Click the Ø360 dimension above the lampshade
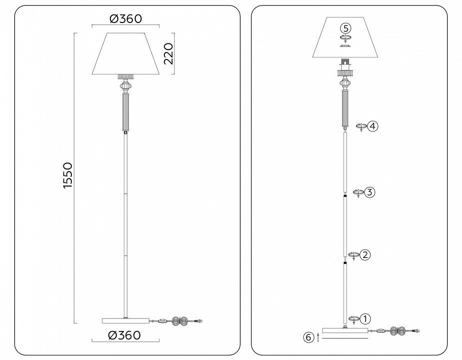(x=126, y=18)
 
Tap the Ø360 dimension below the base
(x=124, y=335)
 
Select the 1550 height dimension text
(x=67, y=175)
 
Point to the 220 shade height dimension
(x=168, y=53)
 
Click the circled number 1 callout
(x=365, y=319)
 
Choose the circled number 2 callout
(x=365, y=254)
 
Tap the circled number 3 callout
(x=370, y=192)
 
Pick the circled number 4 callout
(x=373, y=126)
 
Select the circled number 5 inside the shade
(x=346, y=28)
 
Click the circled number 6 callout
(x=309, y=337)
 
